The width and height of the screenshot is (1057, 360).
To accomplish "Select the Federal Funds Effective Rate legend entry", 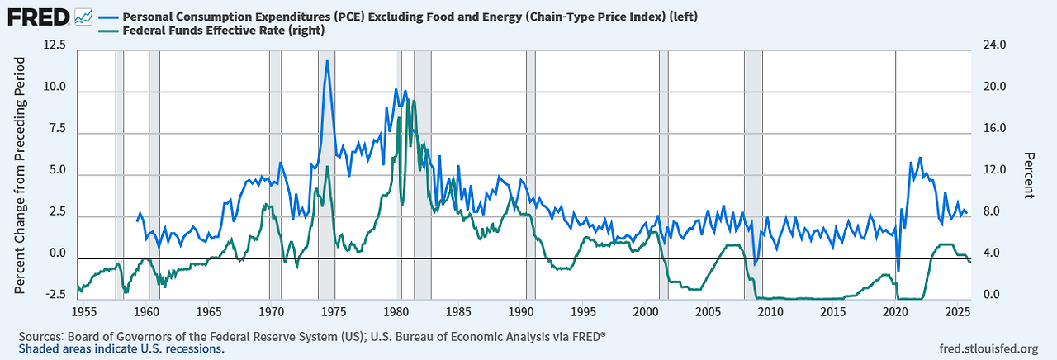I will [223, 31].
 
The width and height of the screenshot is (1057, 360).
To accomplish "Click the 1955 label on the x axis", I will [84, 312].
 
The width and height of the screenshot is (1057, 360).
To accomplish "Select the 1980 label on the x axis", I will [396, 312].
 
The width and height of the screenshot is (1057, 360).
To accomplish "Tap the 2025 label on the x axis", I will [958, 312].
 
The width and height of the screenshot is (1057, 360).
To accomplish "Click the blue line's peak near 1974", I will [327, 60].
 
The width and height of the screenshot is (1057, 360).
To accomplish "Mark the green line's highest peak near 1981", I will [413, 101].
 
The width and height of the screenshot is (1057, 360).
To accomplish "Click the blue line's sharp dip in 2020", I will [898, 271].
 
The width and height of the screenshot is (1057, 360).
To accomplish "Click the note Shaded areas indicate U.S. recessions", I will [121, 349].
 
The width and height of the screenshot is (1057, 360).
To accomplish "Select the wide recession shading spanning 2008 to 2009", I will [753, 173].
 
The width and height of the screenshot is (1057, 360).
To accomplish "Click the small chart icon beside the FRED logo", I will [83, 16].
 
